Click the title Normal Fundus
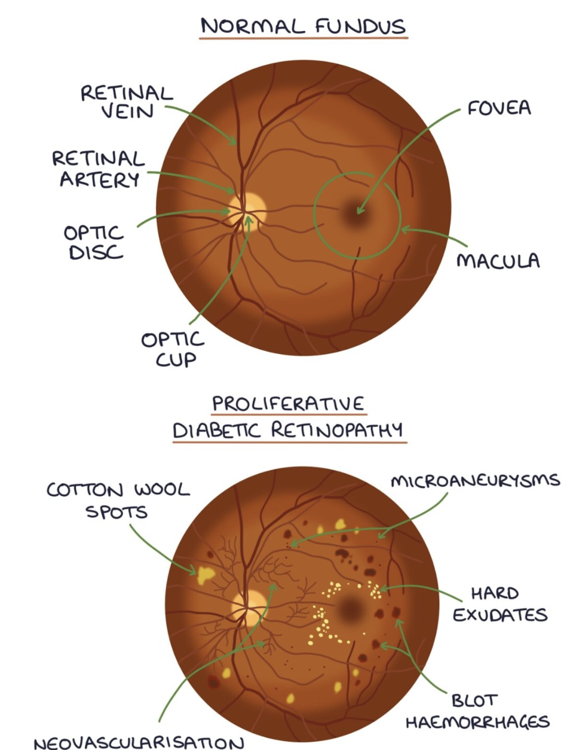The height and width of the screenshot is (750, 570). pyautogui.click(x=303, y=26)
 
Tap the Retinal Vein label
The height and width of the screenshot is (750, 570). pyautogui.click(x=127, y=102)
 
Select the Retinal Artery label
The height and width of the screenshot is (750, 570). pyautogui.click(x=99, y=169)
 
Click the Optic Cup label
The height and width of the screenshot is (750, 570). pyautogui.click(x=173, y=349)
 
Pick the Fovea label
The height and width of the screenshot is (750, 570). pyautogui.click(x=499, y=108)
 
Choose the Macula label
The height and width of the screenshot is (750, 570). pyautogui.click(x=498, y=261)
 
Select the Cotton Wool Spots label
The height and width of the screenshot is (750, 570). pyautogui.click(x=118, y=501)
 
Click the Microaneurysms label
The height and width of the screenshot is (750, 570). pyautogui.click(x=475, y=481)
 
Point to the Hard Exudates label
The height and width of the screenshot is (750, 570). pyautogui.click(x=499, y=603)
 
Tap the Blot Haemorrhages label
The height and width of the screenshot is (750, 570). pyautogui.click(x=477, y=711)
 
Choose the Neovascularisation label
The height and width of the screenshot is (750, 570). pyautogui.click(x=139, y=742)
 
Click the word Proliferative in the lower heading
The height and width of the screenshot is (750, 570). pyautogui.click(x=288, y=403)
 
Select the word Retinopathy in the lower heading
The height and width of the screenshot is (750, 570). pyautogui.click(x=338, y=429)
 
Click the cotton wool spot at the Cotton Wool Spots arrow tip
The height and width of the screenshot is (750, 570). pyautogui.click(x=206, y=574)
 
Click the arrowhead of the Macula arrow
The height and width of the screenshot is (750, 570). pyautogui.click(x=404, y=229)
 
